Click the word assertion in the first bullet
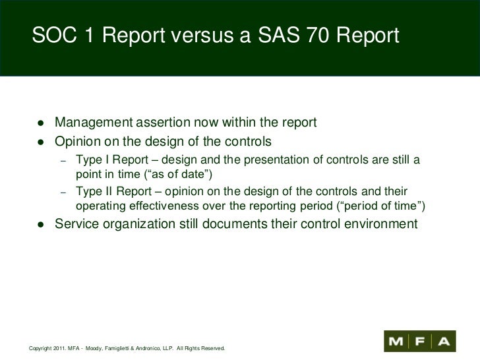click(x=162, y=123)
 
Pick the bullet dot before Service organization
click(x=41, y=224)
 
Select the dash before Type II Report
click(x=63, y=193)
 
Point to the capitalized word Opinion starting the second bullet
click(x=78, y=141)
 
